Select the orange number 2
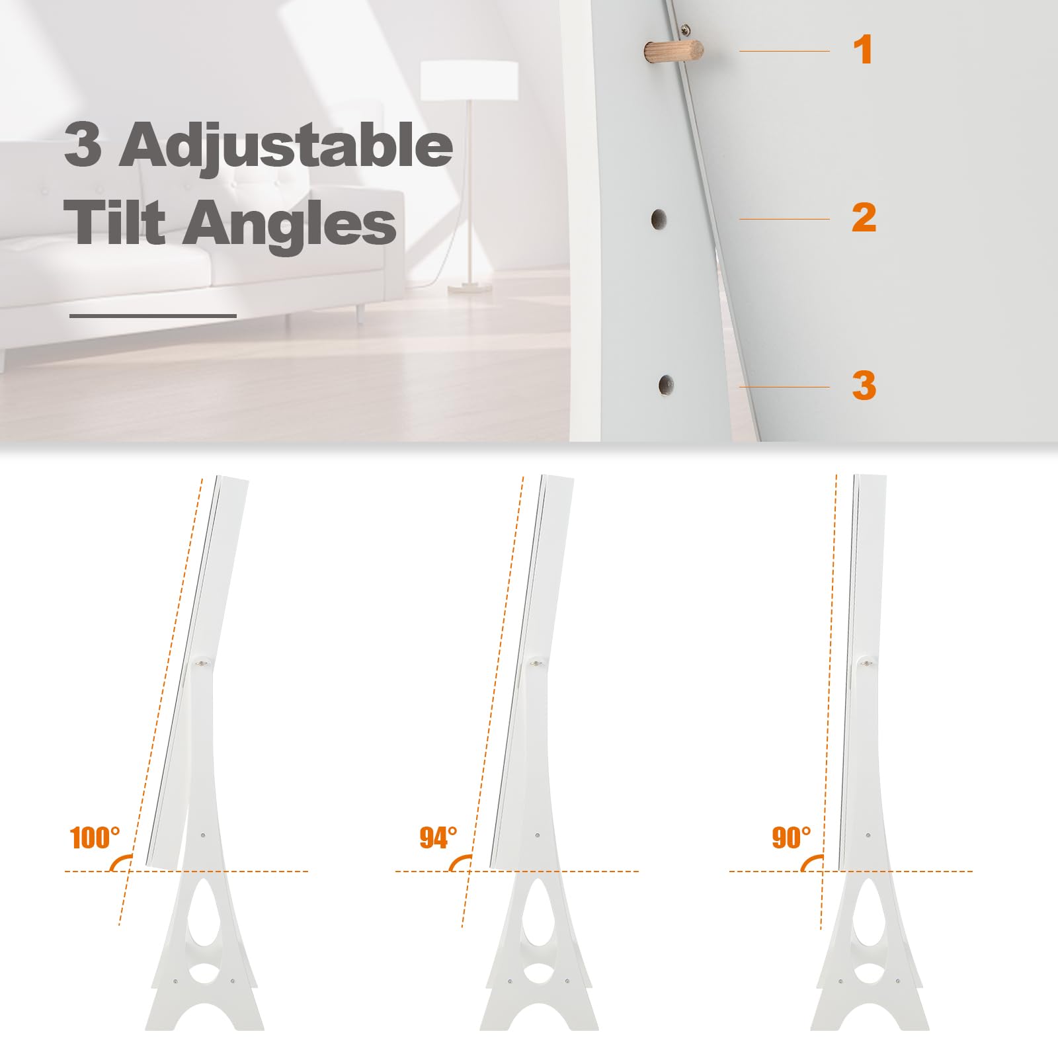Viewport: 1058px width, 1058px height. [x=864, y=218]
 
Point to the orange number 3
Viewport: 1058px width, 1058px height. [x=864, y=386]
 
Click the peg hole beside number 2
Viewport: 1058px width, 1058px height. [x=659, y=218]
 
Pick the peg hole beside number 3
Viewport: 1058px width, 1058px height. [x=666, y=386]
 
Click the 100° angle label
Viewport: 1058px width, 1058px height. [x=95, y=838]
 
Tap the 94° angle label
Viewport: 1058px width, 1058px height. [x=438, y=838]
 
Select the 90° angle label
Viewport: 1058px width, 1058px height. [x=792, y=838]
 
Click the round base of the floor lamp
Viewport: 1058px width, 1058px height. [x=469, y=288]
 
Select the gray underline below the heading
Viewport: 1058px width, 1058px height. [x=153, y=316]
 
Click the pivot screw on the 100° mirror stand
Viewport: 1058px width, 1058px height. [x=201, y=661]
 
